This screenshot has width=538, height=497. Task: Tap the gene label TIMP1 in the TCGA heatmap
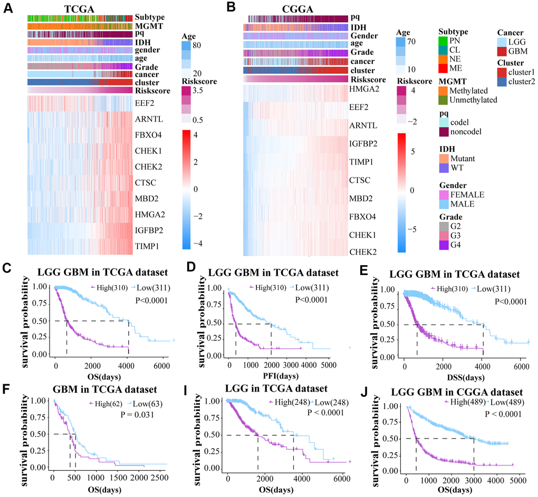(149, 246)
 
